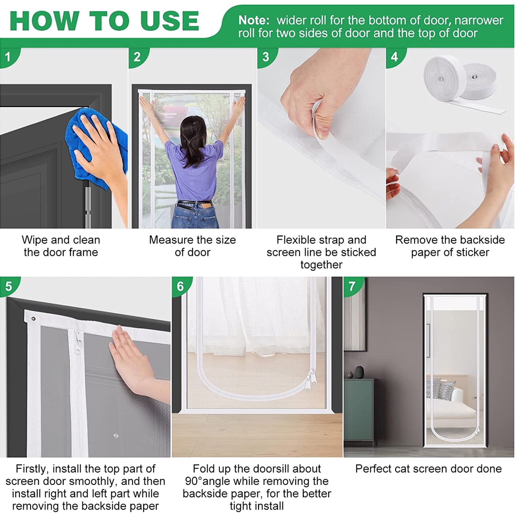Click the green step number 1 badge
pos(8,57)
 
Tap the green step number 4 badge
pos(395,57)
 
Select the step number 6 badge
pos(181,285)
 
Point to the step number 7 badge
pos(352,285)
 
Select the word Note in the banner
pos(253,20)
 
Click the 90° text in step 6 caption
pos(193,481)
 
